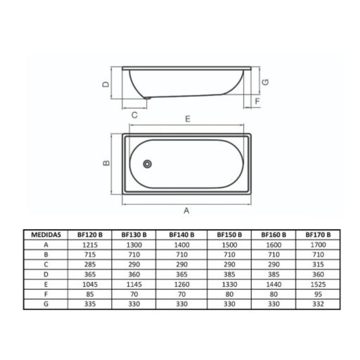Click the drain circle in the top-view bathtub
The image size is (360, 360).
pos(147,164)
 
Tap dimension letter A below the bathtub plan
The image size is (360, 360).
pos(186,210)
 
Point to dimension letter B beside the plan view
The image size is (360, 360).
pos(106,162)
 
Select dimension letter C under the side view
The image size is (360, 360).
pos(135,115)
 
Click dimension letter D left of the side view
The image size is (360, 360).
pos(106,84)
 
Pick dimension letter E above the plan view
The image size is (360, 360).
pos(188,119)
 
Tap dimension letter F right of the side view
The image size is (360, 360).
pos(257,101)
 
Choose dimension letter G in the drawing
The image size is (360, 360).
pos(265,82)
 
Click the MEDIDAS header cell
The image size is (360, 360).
pos(46,234)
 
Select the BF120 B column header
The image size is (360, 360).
pos(90,234)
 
